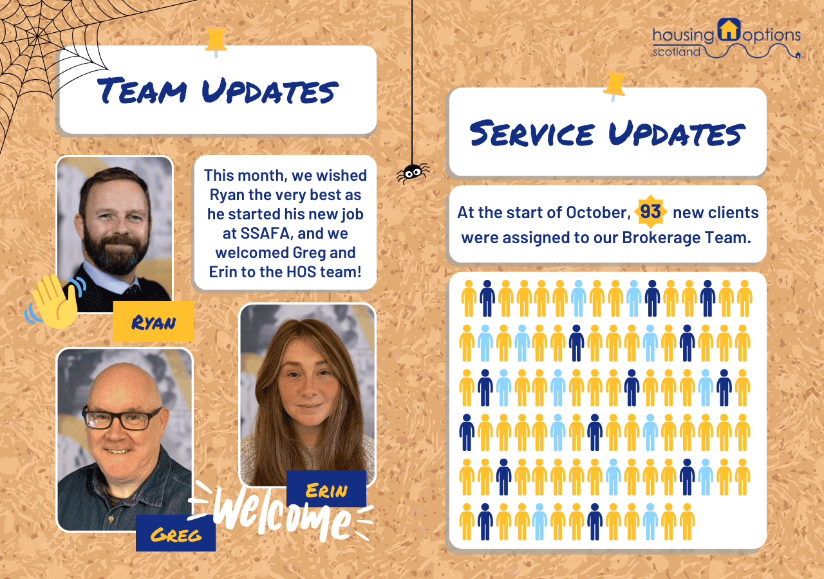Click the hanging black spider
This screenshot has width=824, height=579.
coord(413,173)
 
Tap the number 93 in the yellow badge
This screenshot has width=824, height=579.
coord(650,212)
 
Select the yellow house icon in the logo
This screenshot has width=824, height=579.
coord(729,29)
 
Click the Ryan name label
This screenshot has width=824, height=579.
coord(153,322)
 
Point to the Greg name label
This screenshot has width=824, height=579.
coord(176,533)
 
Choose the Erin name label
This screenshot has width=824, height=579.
coord(326,489)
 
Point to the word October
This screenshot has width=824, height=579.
coord(598,212)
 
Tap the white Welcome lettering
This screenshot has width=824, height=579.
coord(282,512)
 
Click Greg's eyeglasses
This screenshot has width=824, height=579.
coord(122,418)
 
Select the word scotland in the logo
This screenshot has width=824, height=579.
coord(677,52)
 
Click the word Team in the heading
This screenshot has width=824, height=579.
coord(142,91)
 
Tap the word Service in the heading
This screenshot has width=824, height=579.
coord(532,133)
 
